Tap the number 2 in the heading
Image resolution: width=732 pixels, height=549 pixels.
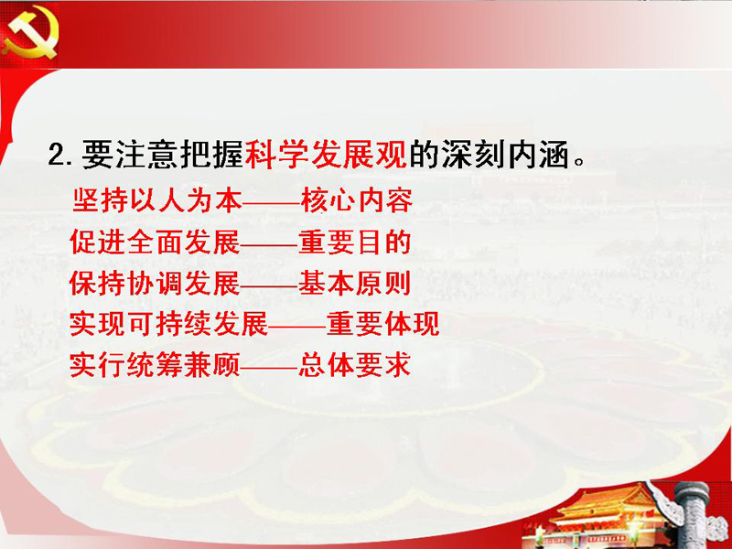(58, 155)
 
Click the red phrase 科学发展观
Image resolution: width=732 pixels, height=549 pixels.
(326, 154)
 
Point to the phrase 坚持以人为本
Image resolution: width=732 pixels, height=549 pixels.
(157, 200)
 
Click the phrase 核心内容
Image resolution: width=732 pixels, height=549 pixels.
(357, 200)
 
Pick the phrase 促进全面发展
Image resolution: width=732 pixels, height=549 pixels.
(155, 242)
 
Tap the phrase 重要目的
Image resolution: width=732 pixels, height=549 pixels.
(354, 242)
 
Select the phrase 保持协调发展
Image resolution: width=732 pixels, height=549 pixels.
(155, 284)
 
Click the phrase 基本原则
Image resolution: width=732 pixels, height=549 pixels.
(354, 284)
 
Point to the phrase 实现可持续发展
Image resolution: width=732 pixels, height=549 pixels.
(169, 324)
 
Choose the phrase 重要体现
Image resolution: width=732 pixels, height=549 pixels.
(382, 324)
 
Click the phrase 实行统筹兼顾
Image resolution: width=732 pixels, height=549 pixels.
(155, 364)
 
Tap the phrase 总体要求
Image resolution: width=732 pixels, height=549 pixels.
(354, 364)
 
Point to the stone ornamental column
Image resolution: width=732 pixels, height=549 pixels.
(690, 513)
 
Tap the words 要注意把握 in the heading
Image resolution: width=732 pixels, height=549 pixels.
(163, 154)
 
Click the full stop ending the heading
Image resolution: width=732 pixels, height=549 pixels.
(579, 163)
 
